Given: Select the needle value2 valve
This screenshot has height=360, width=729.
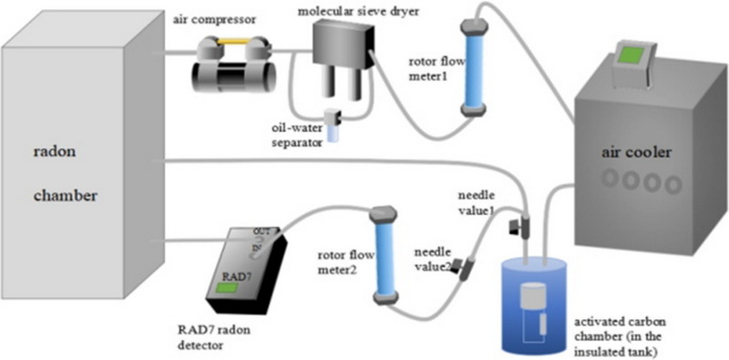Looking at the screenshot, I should (464, 267).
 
